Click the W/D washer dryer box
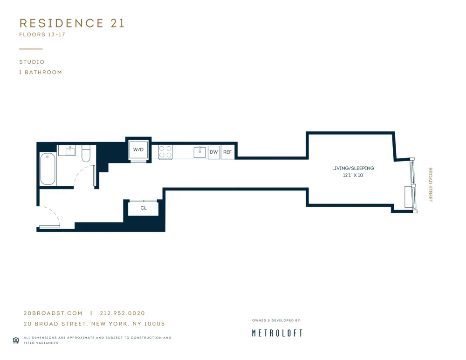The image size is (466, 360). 138,149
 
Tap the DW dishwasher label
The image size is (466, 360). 214,152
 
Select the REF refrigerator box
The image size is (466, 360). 227,152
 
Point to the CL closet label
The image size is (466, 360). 144,208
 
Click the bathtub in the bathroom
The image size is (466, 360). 48,169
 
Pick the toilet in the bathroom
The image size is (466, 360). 86,154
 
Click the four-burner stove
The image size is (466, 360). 165,152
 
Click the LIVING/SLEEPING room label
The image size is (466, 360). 353,168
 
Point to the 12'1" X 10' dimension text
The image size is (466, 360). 353,176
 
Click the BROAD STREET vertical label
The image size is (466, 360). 430,185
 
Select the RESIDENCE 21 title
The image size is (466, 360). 72,23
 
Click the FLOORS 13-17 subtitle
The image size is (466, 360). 42,34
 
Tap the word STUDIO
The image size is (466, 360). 32,62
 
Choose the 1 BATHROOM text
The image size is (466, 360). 41,72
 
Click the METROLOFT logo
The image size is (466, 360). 277,333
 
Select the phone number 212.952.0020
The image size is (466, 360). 123,313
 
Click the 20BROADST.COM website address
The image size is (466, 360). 53,313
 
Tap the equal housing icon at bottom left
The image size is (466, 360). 15,340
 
